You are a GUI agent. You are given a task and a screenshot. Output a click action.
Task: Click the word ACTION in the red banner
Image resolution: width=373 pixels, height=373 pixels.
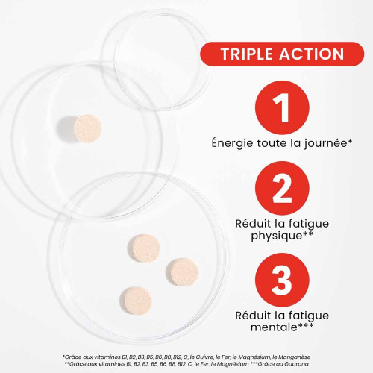pos(312,54)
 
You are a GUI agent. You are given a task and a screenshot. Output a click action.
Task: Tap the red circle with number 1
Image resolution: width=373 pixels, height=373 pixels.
pos(282,107)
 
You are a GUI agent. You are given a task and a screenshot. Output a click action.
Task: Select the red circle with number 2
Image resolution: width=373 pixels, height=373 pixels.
pos(282,188)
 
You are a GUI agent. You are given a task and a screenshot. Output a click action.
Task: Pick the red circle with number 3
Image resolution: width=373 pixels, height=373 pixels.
pos(282,280)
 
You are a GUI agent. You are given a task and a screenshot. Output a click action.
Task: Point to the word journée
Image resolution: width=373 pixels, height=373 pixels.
pos(326,143)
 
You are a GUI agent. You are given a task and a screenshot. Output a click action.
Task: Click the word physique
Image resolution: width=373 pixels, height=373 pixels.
pos(277,236)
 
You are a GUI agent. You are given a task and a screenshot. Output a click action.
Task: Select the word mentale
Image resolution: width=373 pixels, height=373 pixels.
pos(274,327)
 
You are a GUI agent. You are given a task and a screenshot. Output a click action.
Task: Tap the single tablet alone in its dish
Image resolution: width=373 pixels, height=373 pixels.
pos(88,128)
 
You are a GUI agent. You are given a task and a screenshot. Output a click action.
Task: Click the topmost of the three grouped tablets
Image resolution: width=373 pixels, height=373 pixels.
pos(145,248)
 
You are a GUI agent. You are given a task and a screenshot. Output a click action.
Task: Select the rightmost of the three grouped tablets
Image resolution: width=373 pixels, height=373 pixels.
pos(184,272)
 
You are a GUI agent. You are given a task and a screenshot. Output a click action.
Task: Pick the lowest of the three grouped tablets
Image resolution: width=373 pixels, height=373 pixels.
pos(138,301)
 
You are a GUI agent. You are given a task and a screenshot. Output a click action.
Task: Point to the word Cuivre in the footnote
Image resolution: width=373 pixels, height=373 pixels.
pos(204,357)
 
